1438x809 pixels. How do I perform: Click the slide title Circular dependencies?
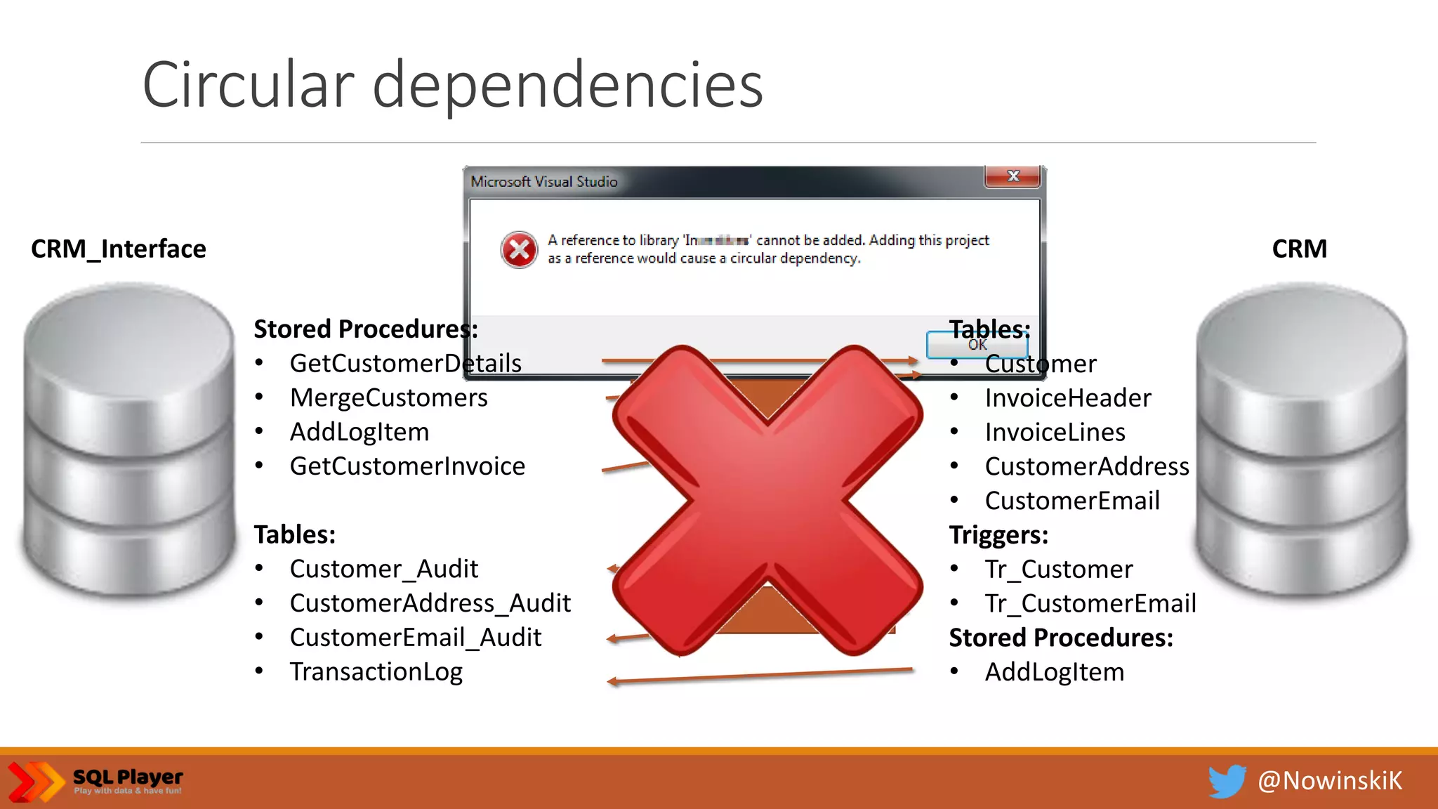452,86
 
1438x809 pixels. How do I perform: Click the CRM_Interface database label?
118,249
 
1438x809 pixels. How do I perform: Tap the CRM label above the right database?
1299,249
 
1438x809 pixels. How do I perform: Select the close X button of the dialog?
1012,176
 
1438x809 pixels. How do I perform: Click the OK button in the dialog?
977,345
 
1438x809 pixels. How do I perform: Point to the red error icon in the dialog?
519,249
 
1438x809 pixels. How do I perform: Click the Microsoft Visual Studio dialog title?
544,182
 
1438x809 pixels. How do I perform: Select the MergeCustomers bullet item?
388,398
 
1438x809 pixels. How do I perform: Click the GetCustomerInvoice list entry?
407,466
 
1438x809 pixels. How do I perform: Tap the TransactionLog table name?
376,672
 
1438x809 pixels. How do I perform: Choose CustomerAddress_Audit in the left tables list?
430,603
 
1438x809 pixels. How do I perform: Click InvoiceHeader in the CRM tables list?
1067,398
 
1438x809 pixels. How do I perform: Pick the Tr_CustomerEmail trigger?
1090,603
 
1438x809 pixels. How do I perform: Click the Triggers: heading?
998,535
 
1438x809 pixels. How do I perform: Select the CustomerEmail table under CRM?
1072,501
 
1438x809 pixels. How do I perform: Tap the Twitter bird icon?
1226,781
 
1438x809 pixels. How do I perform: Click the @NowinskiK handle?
1329,781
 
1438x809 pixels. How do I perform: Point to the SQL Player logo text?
128,778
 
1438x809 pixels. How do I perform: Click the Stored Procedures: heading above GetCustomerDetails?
365,329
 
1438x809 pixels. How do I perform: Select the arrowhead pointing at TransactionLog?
612,681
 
